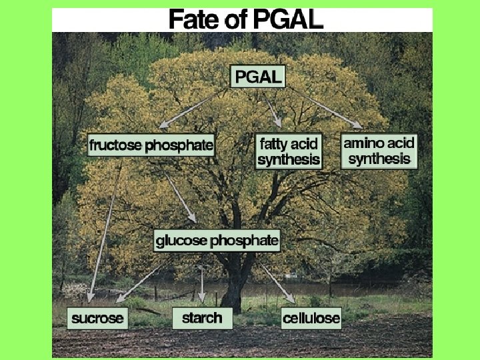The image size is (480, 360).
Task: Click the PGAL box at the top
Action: pos(258,77)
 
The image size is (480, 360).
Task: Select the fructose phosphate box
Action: pos(151,145)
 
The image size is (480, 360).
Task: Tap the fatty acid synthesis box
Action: pos(289,151)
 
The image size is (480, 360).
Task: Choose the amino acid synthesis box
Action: pos(379,151)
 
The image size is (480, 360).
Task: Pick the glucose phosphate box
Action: pos(217,241)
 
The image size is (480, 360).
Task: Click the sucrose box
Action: pos(97,318)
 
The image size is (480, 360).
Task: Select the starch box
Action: pos(202,317)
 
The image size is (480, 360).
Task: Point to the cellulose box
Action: pos(311,318)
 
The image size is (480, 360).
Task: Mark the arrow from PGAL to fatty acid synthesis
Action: pos(272,107)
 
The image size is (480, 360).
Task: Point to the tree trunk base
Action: pos(233,303)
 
